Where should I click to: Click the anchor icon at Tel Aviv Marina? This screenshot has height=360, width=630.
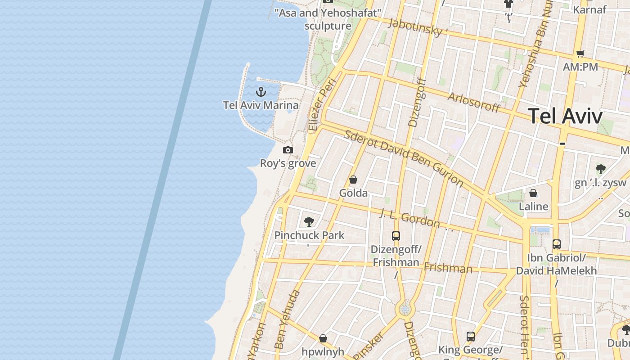pyautogui.click(x=261, y=92)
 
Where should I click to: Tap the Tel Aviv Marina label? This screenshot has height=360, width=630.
pyautogui.click(x=261, y=105)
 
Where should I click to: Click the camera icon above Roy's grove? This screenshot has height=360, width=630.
pyautogui.click(x=288, y=150)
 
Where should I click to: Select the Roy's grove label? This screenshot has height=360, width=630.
pyautogui.click(x=288, y=163)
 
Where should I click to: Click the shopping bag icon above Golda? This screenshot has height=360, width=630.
pyautogui.click(x=353, y=180)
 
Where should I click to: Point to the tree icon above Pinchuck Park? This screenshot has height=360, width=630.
pyautogui.click(x=309, y=221)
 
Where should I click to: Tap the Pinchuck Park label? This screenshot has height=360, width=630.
pyautogui.click(x=309, y=235)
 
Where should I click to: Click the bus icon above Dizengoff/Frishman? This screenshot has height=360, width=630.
pyautogui.click(x=396, y=236)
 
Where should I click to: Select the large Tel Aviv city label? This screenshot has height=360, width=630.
pyautogui.click(x=565, y=116)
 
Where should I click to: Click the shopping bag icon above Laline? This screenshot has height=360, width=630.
pyautogui.click(x=533, y=193)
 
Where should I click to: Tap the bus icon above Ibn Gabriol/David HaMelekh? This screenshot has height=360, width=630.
pyautogui.click(x=557, y=244)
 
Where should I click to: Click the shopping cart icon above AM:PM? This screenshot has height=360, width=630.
pyautogui.click(x=580, y=54)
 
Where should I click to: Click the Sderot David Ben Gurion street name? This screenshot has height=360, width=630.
pyautogui.click(x=403, y=158)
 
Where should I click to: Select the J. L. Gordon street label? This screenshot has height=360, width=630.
pyautogui.click(x=409, y=218)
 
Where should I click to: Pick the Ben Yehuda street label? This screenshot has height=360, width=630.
pyautogui.click(x=287, y=319)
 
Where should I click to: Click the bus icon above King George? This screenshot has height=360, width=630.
pyautogui.click(x=471, y=336)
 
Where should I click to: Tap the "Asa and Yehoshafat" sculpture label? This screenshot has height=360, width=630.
pyautogui.click(x=328, y=19)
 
